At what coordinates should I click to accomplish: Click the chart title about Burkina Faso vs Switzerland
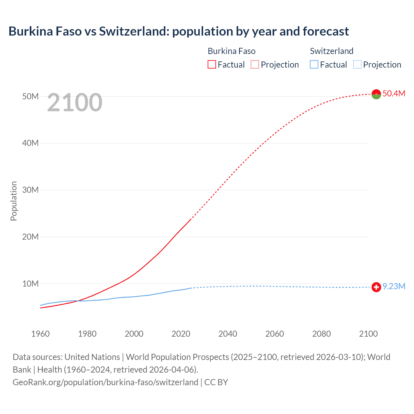click(179, 31)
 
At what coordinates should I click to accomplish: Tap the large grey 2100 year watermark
click(75, 103)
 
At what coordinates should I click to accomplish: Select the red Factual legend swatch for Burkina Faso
click(212, 65)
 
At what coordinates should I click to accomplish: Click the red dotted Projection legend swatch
click(255, 65)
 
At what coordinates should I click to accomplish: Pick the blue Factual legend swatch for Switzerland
click(314, 65)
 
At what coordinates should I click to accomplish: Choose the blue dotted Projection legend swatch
click(357, 65)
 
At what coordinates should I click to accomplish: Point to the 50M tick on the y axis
click(30, 96)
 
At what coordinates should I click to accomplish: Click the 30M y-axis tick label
click(30, 190)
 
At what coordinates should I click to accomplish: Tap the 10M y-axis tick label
click(30, 284)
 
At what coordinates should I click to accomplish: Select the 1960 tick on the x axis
click(40, 334)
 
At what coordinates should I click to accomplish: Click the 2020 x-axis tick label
click(181, 334)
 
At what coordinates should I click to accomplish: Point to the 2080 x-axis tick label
click(321, 334)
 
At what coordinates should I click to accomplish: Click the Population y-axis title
click(14, 201)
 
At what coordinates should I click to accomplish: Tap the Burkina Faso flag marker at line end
click(376, 94)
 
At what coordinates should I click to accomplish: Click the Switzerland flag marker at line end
click(376, 287)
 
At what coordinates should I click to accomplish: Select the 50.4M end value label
click(394, 93)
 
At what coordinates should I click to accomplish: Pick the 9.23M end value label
click(394, 287)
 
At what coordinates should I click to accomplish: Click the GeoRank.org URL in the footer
click(105, 382)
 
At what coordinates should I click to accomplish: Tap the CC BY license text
click(216, 382)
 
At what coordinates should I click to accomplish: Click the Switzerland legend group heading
click(332, 51)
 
